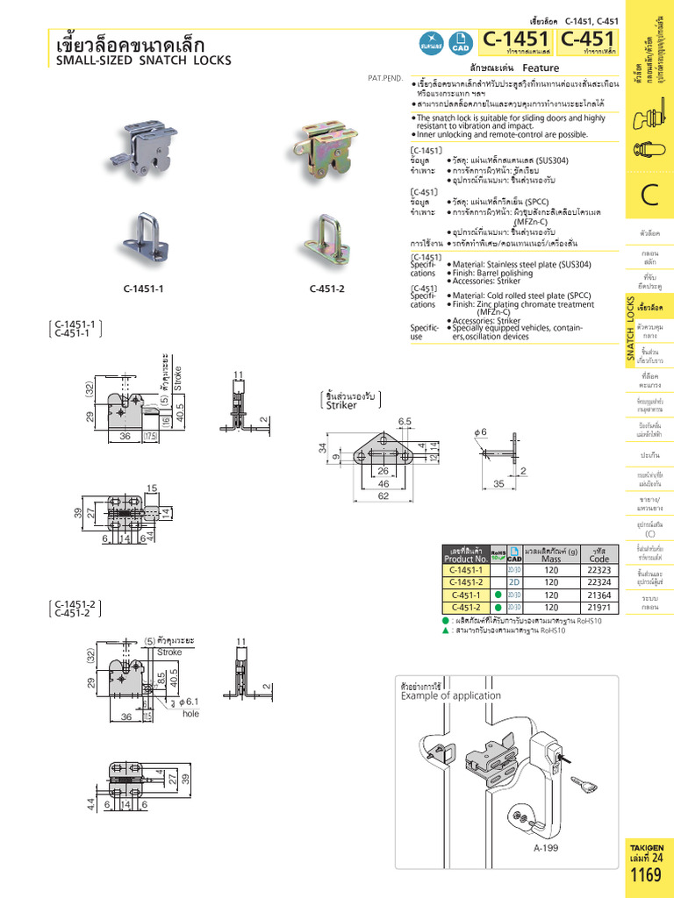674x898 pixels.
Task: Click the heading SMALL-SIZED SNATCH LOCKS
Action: tap(143, 61)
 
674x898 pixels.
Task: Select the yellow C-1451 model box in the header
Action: tap(516, 40)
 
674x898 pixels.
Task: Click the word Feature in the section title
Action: tap(541, 68)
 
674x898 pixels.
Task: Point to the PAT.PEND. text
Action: tap(385, 78)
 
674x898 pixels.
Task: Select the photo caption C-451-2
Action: tap(326, 289)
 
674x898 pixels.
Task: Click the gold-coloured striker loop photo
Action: tap(328, 232)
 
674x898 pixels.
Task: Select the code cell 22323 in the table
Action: tap(599, 569)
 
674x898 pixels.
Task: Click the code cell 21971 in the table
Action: tap(599, 606)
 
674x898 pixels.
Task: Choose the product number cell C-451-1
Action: tap(465, 594)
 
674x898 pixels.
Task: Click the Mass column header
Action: tap(551, 558)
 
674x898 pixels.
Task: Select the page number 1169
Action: tap(646, 875)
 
